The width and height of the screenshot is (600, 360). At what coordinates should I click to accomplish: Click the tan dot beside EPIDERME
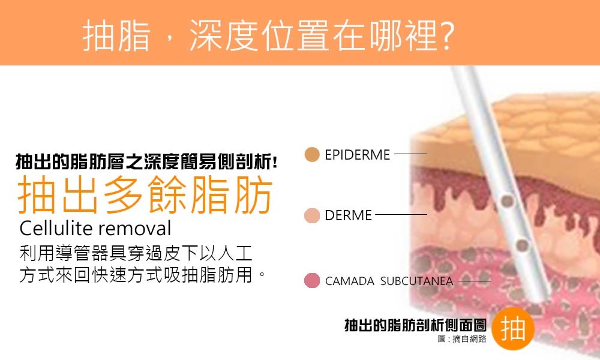312,155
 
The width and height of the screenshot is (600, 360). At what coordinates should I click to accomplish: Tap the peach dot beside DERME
312,215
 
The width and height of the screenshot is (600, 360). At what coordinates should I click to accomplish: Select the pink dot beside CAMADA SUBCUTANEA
312,280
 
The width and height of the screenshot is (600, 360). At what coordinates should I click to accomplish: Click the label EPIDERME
357,155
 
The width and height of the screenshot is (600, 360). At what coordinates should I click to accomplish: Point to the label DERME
348,215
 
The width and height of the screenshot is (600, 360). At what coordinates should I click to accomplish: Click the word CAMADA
349,281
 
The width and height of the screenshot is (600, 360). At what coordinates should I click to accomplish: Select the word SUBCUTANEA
416,281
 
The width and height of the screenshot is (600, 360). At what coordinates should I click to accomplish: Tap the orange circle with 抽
513,328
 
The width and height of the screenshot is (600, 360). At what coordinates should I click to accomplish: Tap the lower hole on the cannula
522,245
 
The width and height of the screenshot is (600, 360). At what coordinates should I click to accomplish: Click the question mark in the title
446,35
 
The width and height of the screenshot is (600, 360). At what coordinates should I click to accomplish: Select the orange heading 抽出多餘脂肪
145,194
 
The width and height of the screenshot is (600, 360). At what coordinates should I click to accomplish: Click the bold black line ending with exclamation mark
146,161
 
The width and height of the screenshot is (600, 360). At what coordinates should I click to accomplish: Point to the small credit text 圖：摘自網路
462,338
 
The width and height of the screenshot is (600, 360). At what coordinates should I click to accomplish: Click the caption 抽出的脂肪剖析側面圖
415,325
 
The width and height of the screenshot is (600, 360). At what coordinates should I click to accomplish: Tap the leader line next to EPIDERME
410,154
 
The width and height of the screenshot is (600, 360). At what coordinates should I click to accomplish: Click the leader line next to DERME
401,215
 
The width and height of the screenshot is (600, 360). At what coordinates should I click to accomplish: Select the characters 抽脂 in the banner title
116,35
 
